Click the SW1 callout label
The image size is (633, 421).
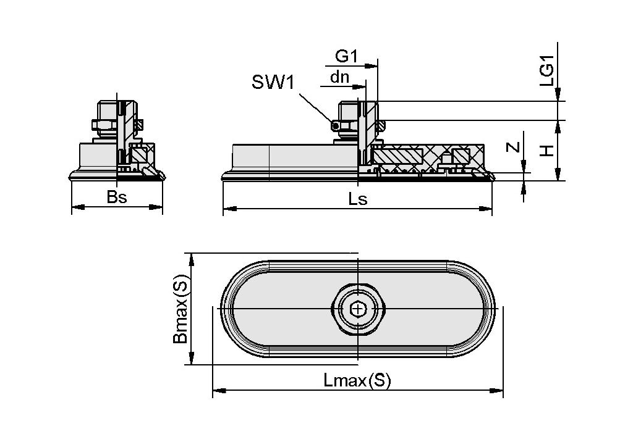coord(272,82)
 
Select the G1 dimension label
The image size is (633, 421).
coord(346,57)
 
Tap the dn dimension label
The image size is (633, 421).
coord(339,77)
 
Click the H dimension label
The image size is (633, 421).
coord(547,150)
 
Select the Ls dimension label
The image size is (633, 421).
coord(358,199)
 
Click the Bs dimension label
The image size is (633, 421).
coord(117,198)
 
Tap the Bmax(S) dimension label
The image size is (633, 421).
coord(180,309)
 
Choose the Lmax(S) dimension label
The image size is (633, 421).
coord(357,380)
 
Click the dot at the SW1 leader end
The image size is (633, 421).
coord(335,126)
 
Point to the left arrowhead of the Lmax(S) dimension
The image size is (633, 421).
coord(217,390)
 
